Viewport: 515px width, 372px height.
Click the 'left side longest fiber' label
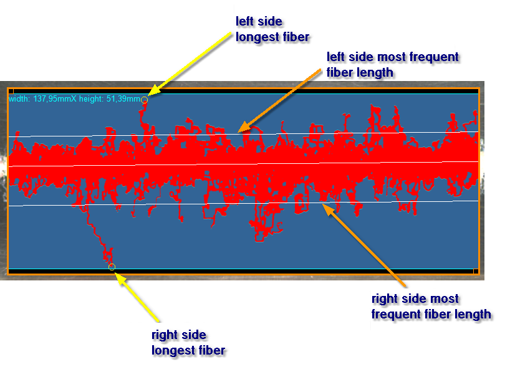[272, 29]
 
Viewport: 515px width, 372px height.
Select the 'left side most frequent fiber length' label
[393, 65]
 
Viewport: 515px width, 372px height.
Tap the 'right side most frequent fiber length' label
[431, 307]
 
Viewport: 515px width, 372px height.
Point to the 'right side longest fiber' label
[188, 343]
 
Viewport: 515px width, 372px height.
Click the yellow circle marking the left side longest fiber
[144, 100]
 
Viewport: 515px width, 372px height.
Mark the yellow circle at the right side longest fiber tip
[112, 267]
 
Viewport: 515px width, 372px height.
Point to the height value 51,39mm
[123, 98]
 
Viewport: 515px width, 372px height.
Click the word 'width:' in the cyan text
[19, 98]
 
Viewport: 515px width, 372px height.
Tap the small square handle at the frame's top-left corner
[11, 91]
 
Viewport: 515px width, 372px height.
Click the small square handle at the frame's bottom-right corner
[476, 271]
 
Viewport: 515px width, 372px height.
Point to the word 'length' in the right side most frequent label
[473, 315]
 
